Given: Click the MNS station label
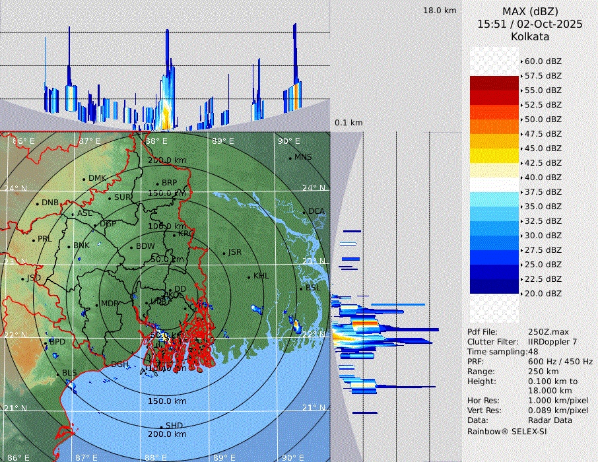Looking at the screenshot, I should point(303,157).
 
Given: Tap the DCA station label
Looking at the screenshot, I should point(317,211).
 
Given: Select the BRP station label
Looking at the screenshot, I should point(170,183).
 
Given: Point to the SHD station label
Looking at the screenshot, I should point(174,426).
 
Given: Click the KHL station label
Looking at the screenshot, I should point(261,276).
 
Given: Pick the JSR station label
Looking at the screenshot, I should point(234,252).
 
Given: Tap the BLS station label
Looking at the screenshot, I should point(69,373).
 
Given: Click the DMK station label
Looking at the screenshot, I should point(97,178).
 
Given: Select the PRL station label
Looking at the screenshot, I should point(44,239).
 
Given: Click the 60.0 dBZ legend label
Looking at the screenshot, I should point(543,61).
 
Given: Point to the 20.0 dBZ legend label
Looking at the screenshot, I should point(543,293).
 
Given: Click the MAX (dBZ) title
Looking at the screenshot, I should point(530,12).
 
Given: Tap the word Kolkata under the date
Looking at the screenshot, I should point(530,36).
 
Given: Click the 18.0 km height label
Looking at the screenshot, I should point(440,11).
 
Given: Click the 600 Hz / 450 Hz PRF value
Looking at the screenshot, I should point(560,362).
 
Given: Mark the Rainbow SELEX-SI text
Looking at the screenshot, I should point(507,431).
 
